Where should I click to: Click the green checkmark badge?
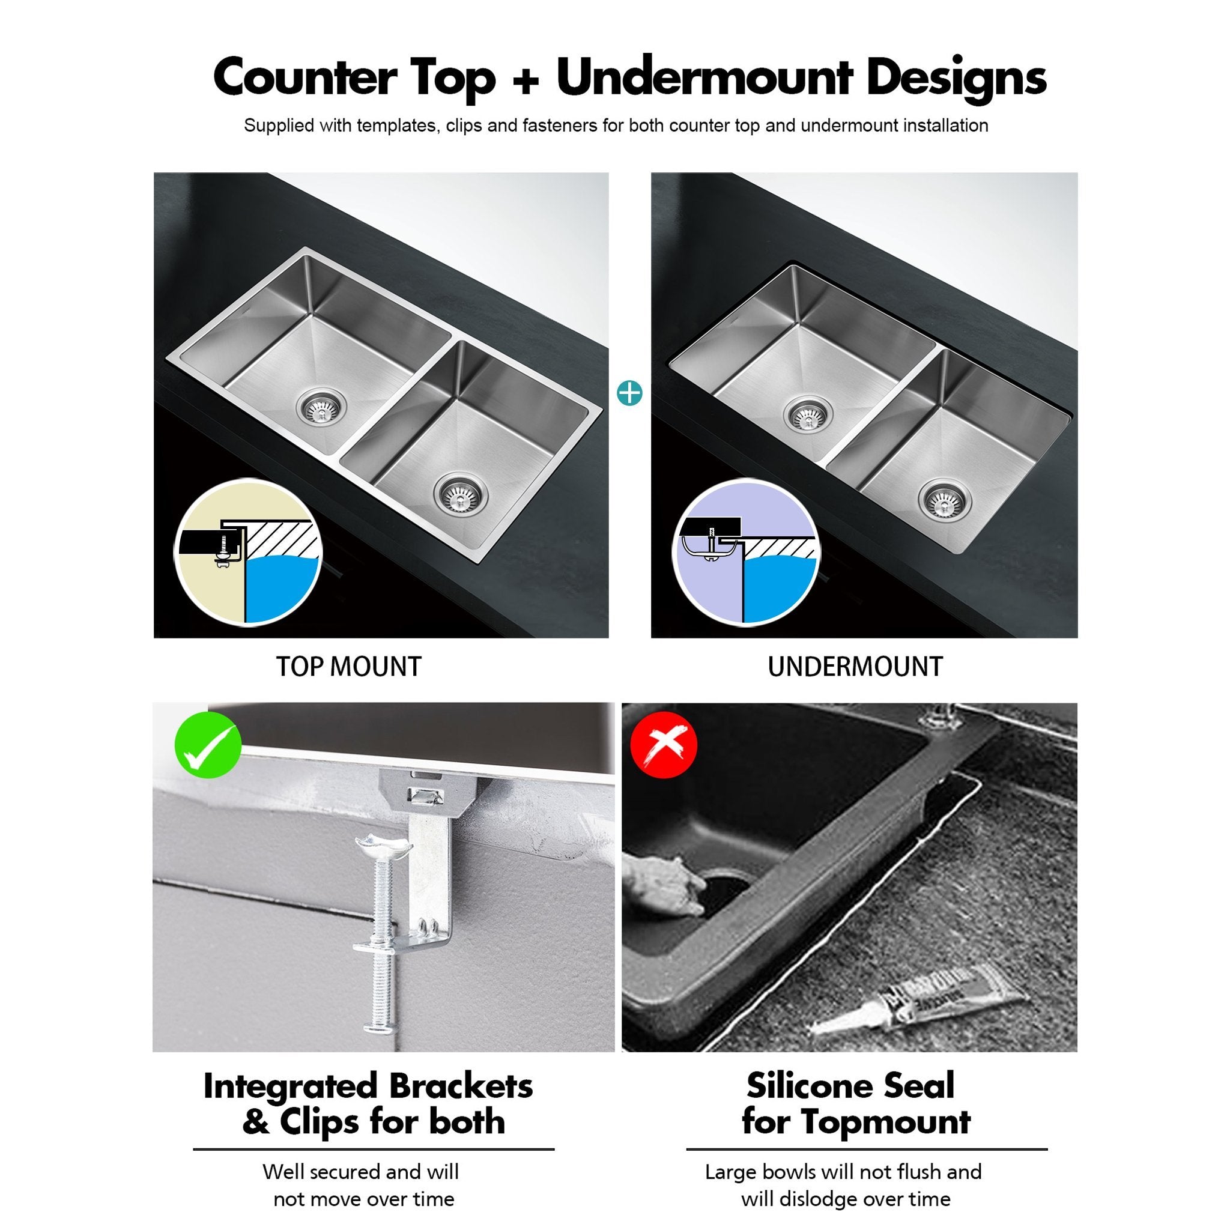tap(208, 744)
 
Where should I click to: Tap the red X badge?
tap(664, 744)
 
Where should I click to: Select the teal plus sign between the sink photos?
tap(629, 393)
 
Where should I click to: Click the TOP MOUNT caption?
tap(348, 667)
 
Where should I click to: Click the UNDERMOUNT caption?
tap(855, 667)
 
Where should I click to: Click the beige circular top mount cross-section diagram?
tap(247, 552)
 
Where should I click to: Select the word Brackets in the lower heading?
tap(461, 1086)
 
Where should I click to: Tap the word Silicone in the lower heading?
tap(817, 1086)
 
